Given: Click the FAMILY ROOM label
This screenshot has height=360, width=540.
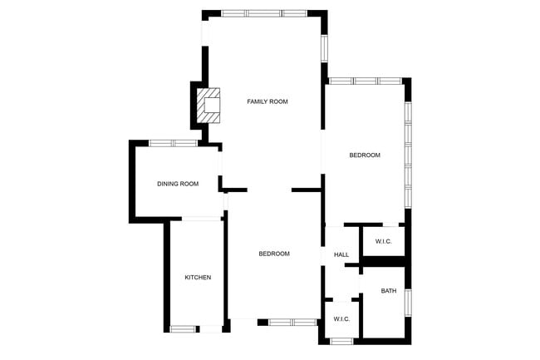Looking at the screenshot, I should pos(267,101).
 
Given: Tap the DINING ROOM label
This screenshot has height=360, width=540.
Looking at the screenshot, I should pos(178,184).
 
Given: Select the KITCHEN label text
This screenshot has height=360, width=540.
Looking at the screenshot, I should pos(198,277).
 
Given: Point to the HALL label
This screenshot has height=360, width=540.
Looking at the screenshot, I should pos(341,254).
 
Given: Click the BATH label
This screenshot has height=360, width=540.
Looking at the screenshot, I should pos(388,291).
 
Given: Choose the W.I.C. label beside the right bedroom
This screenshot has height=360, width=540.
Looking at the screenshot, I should pos(383,241).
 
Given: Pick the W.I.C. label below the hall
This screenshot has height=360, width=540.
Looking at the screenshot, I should pos(341,319).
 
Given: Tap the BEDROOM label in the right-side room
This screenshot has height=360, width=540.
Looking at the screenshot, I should pos(364,155).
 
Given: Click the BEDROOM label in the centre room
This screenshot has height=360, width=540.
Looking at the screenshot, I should pos(273,254).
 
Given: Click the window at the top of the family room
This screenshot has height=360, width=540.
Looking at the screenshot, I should pos(264,13).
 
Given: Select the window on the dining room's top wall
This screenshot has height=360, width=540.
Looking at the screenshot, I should pos(173,143).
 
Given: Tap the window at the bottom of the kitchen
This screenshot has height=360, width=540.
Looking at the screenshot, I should pos(183,328).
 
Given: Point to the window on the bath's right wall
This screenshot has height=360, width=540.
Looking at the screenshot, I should pos(408,302).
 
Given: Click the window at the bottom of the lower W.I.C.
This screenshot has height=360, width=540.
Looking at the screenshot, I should pos(341,341).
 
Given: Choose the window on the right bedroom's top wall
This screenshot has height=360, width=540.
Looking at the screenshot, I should pos(366,81).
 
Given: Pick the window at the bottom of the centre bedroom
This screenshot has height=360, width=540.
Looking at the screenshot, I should pos(292,322).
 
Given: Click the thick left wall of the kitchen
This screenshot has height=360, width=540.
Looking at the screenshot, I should pos(167,274).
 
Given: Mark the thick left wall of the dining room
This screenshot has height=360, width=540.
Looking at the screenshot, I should pos(132,180).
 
